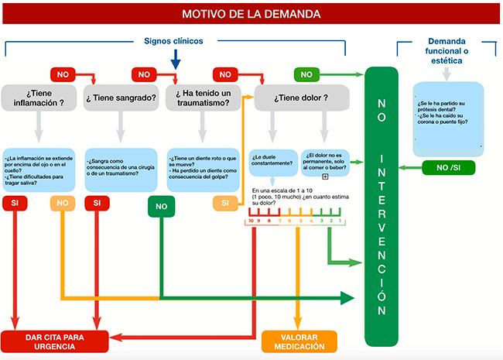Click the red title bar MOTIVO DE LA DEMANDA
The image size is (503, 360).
coord(251,13)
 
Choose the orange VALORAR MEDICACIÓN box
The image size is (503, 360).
coord(299,341)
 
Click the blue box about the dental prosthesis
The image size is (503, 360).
coord(449,116)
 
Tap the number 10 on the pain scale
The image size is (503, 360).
coord(250,221)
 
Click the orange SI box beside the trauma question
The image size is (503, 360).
coord(225,203)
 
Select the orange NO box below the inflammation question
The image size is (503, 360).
coord(62,203)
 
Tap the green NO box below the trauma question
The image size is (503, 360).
coord(161,207)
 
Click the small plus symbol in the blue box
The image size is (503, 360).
coord(325,177)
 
